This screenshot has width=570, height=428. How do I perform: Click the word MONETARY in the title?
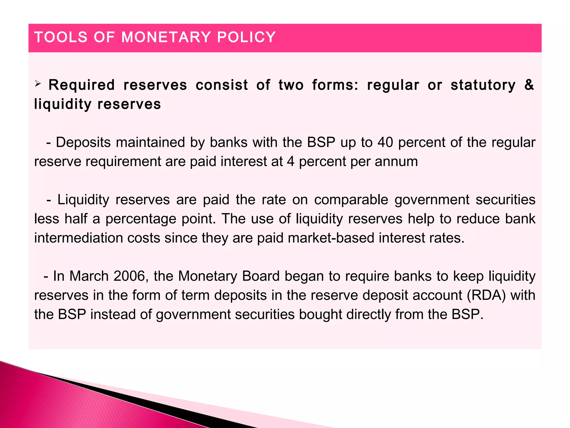[x=166, y=37]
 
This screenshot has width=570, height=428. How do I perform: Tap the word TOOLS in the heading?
[x=61, y=37]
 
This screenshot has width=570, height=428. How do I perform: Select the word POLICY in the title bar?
[x=246, y=37]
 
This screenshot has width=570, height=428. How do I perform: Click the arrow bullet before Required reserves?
[x=38, y=83]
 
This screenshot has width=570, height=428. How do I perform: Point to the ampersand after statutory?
[x=529, y=85]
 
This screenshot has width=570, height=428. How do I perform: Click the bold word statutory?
[x=483, y=85]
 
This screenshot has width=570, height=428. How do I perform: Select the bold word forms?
[x=335, y=85]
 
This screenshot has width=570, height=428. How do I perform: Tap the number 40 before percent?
[x=385, y=142]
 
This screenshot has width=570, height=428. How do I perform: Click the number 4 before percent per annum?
[x=291, y=162]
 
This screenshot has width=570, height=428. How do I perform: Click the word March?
[x=89, y=276]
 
